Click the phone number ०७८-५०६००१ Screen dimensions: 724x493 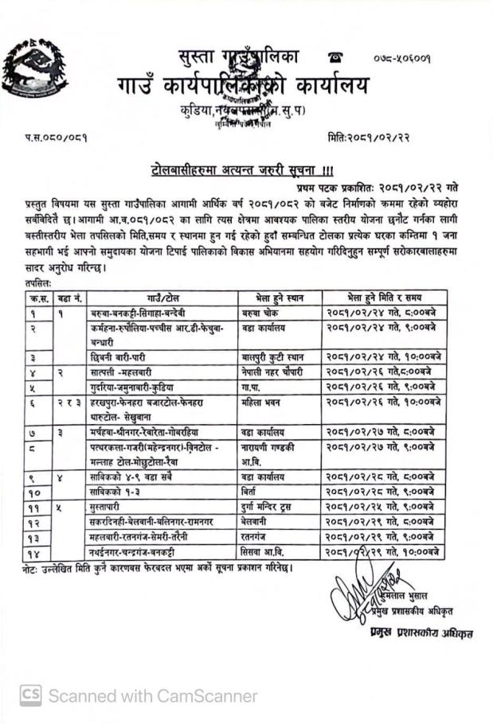click(x=402, y=59)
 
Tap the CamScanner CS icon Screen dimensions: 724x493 click(x=31, y=694)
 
